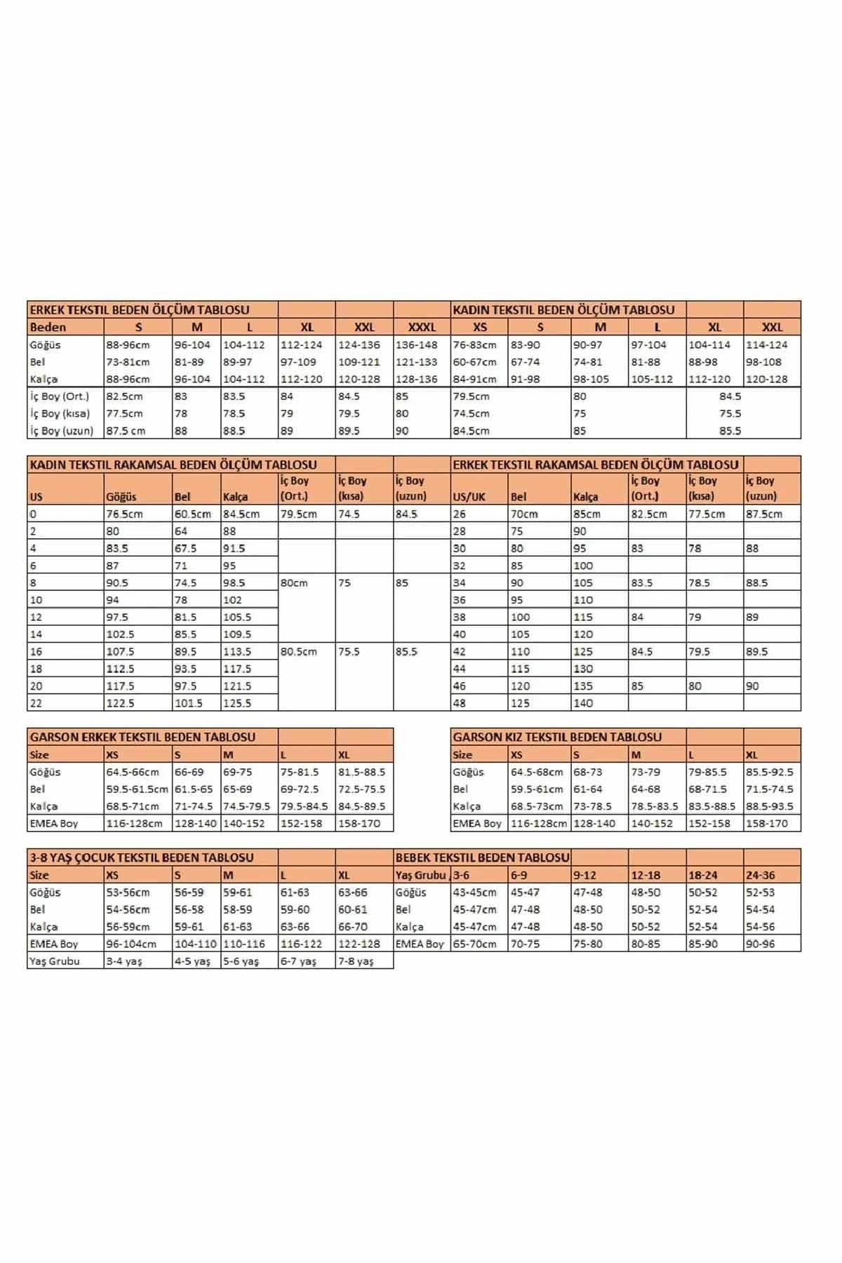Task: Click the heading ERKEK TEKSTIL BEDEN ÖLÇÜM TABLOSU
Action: pyautogui.click(x=140, y=309)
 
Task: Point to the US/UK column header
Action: pyautogui.click(x=469, y=497)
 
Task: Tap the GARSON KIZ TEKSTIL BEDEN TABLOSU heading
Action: pyautogui.click(x=557, y=737)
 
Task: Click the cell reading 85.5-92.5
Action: pyautogui.click(x=770, y=772)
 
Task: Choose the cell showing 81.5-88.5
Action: pyautogui.click(x=361, y=772)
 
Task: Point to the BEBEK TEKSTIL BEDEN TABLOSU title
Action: pyautogui.click(x=482, y=857)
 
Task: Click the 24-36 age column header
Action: pyautogui.click(x=761, y=875)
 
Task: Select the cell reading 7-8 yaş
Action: pyautogui.click(x=356, y=961)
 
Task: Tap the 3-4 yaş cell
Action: pyautogui.click(x=124, y=961)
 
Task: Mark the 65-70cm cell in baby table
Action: pyautogui.click(x=475, y=944)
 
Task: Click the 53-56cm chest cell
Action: pyautogui.click(x=128, y=893)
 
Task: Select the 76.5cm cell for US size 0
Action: pyautogui.click(x=124, y=514)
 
